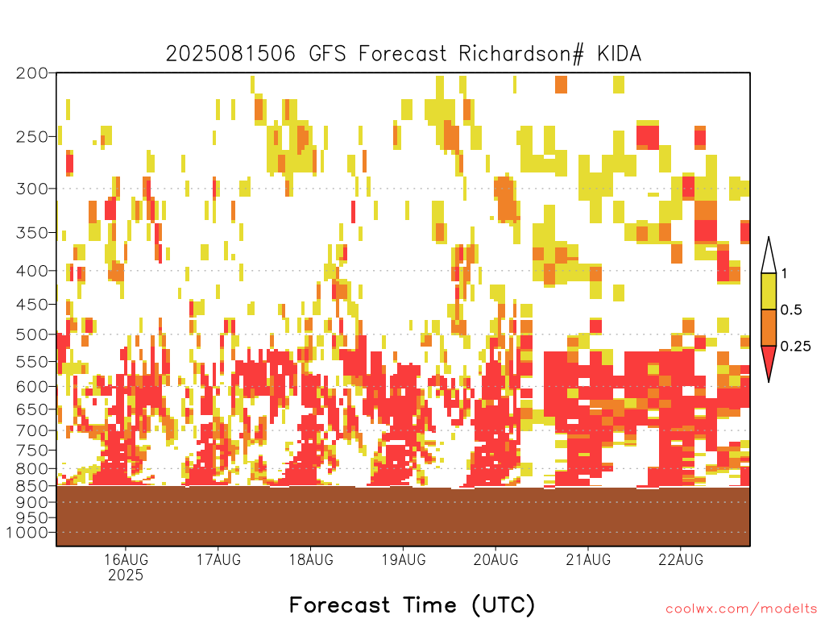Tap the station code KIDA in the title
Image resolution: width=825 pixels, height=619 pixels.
click(x=620, y=54)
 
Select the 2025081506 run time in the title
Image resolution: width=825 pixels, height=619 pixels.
click(x=230, y=54)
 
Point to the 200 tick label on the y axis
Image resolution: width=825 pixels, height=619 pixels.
click(x=31, y=73)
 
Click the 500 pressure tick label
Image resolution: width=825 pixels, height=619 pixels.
click(x=31, y=334)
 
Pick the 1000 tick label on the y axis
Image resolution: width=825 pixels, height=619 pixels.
click(x=27, y=533)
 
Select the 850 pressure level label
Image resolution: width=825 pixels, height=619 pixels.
click(x=31, y=485)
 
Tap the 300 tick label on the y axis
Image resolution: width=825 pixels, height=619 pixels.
click(x=31, y=189)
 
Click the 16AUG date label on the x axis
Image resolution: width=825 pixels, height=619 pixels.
click(x=126, y=559)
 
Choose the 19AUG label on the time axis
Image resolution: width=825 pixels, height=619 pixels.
click(x=404, y=559)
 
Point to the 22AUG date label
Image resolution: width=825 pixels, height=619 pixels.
click(x=681, y=559)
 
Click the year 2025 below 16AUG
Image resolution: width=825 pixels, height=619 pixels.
click(x=126, y=575)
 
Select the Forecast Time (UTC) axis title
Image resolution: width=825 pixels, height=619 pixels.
click(x=412, y=605)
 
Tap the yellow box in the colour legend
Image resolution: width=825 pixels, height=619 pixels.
click(x=769, y=291)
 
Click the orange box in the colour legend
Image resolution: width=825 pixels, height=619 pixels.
click(x=769, y=327)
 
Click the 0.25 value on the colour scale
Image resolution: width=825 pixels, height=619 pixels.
click(x=795, y=347)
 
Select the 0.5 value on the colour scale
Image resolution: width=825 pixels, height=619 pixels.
click(x=791, y=309)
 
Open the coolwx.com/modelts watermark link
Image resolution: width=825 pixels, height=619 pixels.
click(x=741, y=609)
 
